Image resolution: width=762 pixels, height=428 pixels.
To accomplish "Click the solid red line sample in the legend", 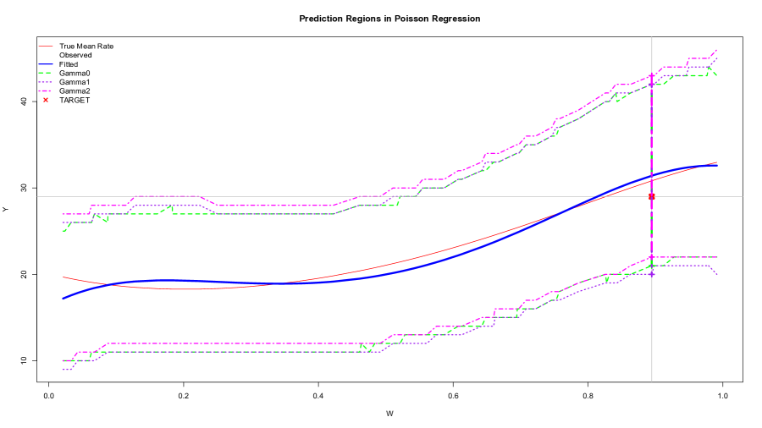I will coord(46,46).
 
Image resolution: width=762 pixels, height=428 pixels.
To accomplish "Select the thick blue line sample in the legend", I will coord(46,64).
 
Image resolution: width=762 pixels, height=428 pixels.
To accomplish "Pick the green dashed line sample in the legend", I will coord(46,74).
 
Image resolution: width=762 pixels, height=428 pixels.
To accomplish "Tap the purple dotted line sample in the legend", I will coord(46,82).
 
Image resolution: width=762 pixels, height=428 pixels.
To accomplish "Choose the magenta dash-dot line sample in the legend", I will coord(46,91).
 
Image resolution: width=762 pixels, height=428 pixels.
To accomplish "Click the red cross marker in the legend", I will coord(46,100).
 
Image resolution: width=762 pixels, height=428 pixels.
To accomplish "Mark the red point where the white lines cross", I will coord(651,196).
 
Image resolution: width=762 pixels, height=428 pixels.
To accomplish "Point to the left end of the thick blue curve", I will coord(63,299).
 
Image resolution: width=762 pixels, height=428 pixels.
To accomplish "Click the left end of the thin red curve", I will coord(63,277).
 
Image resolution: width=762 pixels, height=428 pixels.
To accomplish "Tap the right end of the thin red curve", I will coord(717,162).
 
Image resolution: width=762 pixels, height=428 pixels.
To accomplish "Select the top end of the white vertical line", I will coord(651,37).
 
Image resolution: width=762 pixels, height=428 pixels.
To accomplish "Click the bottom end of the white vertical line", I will coord(651,381).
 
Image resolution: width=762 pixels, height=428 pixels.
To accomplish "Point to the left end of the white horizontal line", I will coord(37,196).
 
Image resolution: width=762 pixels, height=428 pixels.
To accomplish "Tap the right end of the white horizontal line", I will coord(743,196).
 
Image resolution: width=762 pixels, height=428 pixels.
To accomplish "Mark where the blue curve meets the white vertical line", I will coord(651,177).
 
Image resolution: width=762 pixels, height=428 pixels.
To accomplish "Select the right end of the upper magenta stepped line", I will coord(717,49).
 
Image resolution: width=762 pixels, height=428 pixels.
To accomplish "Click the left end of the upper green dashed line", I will coord(63,230).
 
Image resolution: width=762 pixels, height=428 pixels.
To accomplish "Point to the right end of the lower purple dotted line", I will coord(717,274).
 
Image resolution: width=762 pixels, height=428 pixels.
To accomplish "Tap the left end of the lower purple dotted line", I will coord(63,370).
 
